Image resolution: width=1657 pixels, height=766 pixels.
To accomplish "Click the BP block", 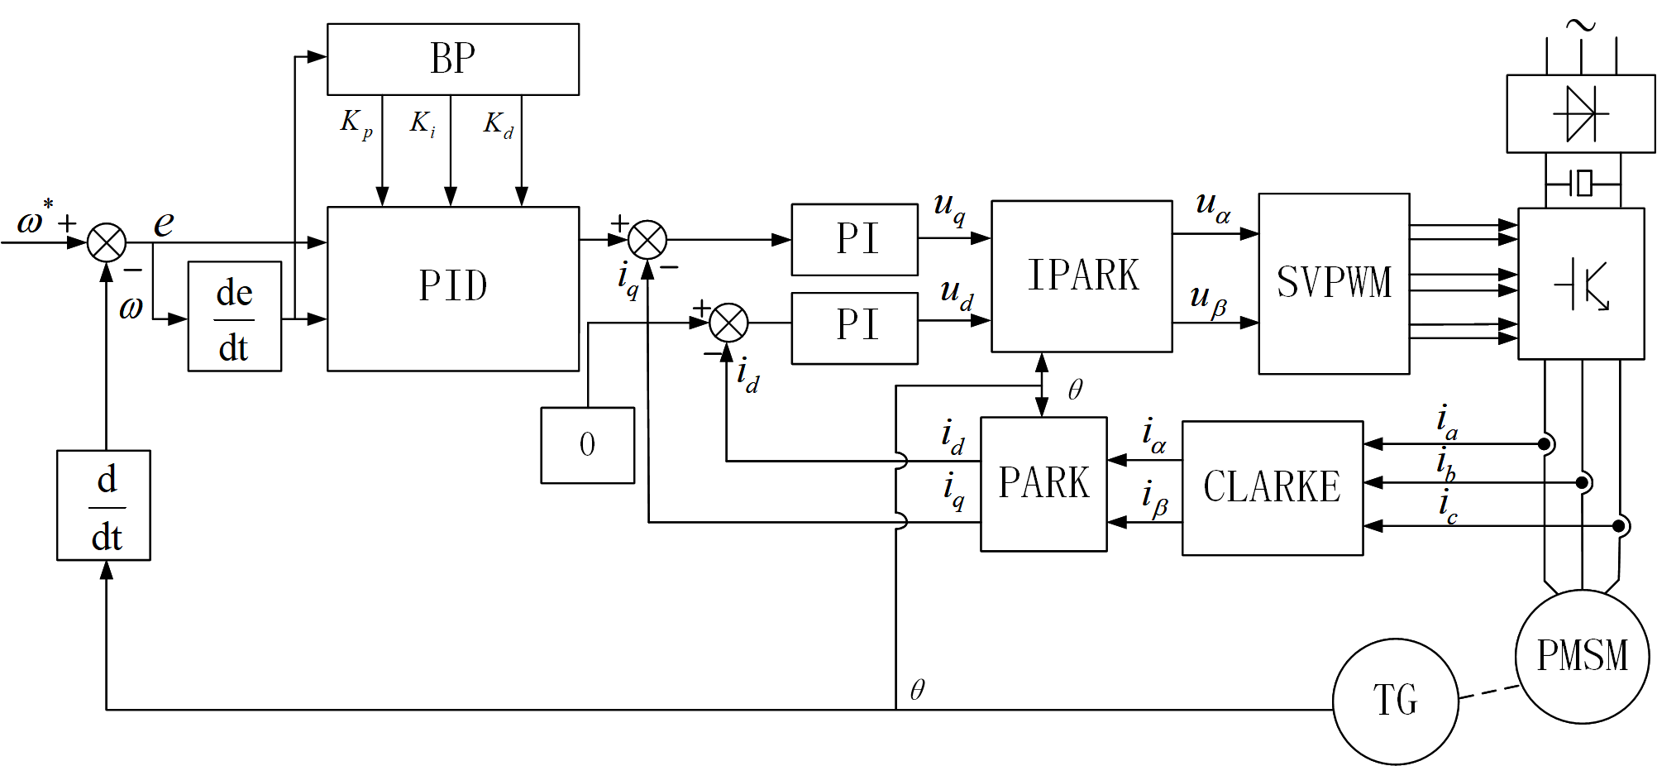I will coord(452,59).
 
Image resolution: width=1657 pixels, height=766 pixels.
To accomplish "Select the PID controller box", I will coord(452,288).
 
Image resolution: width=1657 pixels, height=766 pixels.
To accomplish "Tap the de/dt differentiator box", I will coord(234,316).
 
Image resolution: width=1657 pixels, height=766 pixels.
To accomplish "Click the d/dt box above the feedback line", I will coord(103,505).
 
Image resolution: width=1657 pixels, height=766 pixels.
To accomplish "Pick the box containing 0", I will coord(587,445).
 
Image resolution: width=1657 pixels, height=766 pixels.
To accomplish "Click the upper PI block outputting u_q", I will coord(854,239).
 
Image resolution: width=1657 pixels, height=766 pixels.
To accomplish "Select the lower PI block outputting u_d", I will coord(854,328).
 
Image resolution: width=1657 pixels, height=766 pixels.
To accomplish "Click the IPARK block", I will coord(1081,275).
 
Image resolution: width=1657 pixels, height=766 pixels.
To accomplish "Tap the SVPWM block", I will coord(1333,283).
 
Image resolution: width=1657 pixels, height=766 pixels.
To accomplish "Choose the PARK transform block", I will coord(1043,483).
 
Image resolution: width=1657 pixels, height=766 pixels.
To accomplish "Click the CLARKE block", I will coord(1272,487).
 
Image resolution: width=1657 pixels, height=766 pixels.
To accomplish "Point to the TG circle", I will coord(1395,701).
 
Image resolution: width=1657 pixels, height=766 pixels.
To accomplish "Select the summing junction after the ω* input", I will coord(107,242).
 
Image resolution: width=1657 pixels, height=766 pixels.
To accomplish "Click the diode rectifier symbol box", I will coord(1580,113).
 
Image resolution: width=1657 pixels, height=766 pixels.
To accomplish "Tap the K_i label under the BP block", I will coord(422,124).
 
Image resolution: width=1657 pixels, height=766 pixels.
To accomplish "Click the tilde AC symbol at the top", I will coord(1580,26).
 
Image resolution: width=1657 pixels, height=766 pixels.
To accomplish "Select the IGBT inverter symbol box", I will coord(1580,283).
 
